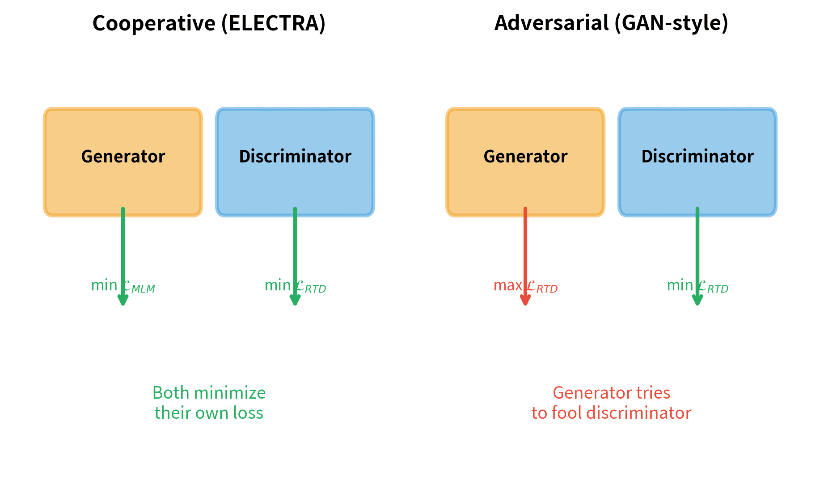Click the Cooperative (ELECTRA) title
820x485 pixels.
click(x=209, y=23)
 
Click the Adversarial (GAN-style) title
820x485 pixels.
click(x=611, y=23)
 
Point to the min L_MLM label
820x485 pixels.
click(x=123, y=286)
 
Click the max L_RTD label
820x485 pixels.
click(x=525, y=286)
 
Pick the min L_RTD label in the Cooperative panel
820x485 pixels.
click(x=295, y=286)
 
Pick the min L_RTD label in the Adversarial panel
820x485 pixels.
click(x=697, y=286)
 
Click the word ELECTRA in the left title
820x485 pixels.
click(x=273, y=23)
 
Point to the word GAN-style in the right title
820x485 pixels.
click(x=671, y=23)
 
